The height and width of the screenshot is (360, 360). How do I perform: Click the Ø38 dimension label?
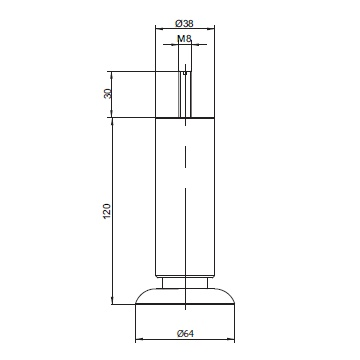click(184, 23)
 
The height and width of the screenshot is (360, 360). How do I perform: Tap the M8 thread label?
click(184, 39)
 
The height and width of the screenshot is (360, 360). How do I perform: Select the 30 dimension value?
click(107, 94)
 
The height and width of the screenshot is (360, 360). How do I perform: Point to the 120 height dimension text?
click(107, 211)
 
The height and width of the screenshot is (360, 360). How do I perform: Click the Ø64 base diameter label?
click(185, 333)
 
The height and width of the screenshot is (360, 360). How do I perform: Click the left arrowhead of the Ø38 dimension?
click(158, 29)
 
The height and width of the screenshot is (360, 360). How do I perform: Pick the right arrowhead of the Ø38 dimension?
click(212, 29)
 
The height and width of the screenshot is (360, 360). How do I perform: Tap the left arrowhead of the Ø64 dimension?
click(138, 340)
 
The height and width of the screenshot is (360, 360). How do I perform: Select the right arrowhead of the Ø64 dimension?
click(232, 340)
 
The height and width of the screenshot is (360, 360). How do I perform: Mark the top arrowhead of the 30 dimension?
click(112, 74)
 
